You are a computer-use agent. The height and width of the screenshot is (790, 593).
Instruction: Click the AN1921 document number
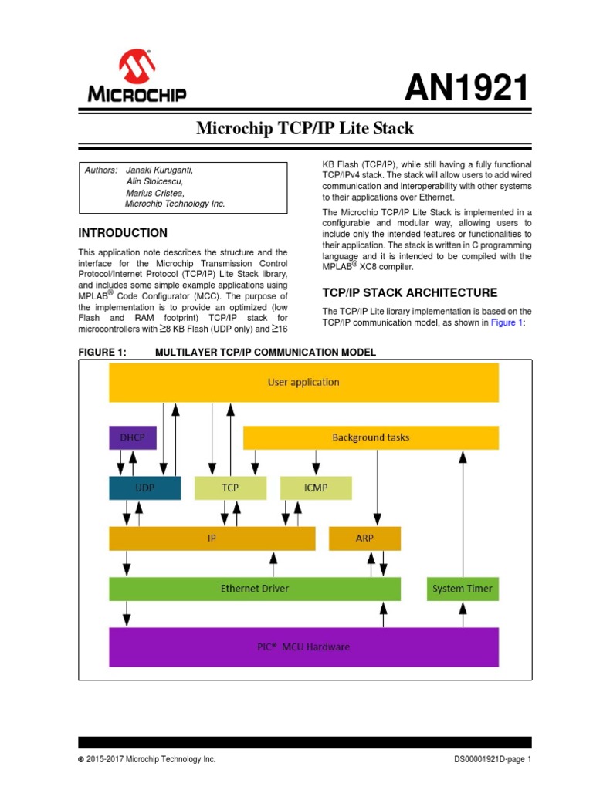pos(468,89)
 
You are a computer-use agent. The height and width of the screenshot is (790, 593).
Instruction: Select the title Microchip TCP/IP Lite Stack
pos(305,129)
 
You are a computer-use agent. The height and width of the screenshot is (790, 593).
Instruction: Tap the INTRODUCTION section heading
pos(123,233)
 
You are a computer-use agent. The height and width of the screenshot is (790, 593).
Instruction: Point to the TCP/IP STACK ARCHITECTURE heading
pos(409,293)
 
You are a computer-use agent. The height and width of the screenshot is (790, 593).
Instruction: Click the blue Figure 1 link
pos(507,323)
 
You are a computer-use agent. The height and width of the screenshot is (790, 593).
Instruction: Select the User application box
pos(303,382)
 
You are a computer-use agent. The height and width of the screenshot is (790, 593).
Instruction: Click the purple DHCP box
pos(132,437)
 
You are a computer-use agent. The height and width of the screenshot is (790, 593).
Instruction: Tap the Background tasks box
pos(371,437)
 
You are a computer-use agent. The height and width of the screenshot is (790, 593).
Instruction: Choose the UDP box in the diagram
pos(144,488)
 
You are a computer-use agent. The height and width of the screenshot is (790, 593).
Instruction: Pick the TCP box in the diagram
pos(230,488)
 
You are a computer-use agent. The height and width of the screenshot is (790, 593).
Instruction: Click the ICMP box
pos(315,488)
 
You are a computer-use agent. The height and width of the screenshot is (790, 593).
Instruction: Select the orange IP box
pos(212,538)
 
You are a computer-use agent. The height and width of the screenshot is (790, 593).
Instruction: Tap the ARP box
pos(364,538)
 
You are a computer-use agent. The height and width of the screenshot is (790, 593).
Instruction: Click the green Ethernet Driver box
pos(255,589)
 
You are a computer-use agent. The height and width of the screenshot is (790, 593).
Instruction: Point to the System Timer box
pos(463,589)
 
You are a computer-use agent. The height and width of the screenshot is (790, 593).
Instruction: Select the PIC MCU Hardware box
pos(303,647)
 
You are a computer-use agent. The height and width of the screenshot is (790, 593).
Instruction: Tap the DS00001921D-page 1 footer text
pos(493,760)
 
